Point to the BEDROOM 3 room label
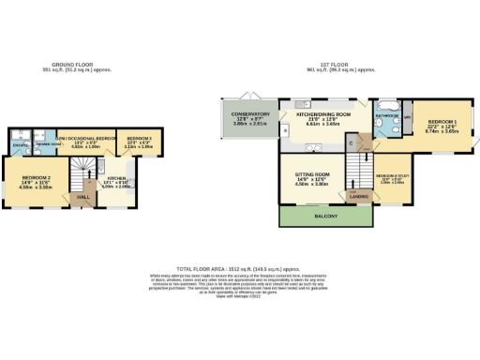[x=138, y=137]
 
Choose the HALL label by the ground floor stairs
[x=82, y=197]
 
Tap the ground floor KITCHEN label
[x=116, y=177]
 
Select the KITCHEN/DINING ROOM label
[x=322, y=113]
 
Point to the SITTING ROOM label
[x=314, y=174]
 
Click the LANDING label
[x=358, y=196]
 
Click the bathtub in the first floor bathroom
[x=386, y=104]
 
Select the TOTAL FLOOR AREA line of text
[x=239, y=267]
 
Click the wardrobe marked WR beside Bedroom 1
[x=407, y=117]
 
